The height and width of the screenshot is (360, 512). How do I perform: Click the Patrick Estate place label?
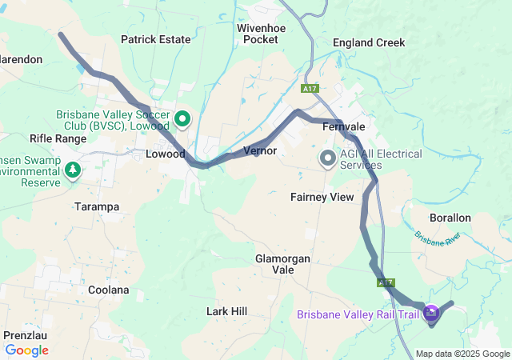tap(156, 39)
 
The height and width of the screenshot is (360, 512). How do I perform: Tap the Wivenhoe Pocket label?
tap(257, 33)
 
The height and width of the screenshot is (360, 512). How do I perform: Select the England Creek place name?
tap(369, 42)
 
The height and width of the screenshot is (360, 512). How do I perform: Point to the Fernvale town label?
tap(343, 127)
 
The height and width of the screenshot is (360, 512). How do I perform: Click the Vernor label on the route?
tap(259, 150)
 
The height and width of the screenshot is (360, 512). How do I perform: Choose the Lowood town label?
tap(166, 154)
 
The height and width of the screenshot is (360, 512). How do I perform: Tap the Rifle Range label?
tap(58, 138)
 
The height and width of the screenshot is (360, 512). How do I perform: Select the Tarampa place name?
tap(96, 206)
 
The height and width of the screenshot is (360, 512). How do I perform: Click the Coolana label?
tap(108, 290)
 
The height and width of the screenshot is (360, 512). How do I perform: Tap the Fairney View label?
tap(322, 196)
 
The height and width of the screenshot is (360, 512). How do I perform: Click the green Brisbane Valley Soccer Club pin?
tap(182, 120)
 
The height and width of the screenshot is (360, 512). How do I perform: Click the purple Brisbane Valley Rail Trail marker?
tap(432, 313)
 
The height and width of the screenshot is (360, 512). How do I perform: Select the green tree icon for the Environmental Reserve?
tap(73, 170)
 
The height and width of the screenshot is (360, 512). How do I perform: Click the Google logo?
tap(27, 350)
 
